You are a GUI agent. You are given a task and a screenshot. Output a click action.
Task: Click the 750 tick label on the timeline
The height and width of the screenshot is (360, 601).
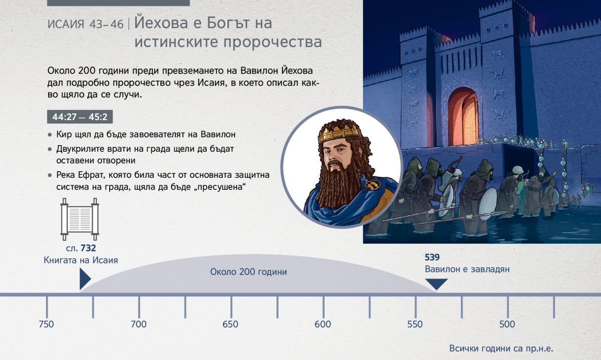(x=46, y=324)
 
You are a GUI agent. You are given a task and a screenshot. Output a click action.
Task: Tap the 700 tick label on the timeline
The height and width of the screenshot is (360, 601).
(x=139, y=324)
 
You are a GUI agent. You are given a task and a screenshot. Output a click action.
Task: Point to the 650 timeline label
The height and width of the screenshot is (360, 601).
(x=230, y=324)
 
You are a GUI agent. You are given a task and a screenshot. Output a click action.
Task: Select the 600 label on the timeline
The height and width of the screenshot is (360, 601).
(x=323, y=324)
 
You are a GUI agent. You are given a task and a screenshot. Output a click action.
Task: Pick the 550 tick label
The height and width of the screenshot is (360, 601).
(x=415, y=324)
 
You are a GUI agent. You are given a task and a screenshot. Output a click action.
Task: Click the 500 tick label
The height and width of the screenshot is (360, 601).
(x=507, y=324)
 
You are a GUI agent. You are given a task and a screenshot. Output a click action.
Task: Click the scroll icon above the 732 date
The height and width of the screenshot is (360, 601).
(x=80, y=219)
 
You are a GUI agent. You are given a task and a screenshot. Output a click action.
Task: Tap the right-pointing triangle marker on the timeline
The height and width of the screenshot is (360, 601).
(x=85, y=279)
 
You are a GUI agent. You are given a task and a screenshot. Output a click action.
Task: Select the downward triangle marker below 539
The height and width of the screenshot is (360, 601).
(x=436, y=284)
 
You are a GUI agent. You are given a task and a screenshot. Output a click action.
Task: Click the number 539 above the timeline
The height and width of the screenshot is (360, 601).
(x=432, y=257)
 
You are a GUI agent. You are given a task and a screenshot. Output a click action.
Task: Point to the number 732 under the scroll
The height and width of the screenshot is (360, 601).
(x=88, y=248)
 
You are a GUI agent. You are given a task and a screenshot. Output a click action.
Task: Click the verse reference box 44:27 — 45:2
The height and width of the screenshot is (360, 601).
(x=80, y=117)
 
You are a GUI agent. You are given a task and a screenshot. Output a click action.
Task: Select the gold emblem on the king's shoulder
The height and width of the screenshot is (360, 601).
(x=373, y=184)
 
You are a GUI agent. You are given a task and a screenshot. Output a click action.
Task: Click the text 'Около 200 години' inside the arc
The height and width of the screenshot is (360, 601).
(x=248, y=272)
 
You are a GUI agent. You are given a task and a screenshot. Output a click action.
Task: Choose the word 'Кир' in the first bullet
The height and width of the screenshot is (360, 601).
(x=64, y=134)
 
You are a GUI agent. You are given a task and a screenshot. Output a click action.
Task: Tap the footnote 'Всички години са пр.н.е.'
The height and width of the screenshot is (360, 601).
(x=501, y=348)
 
